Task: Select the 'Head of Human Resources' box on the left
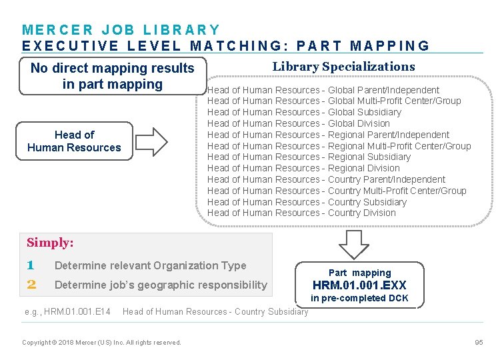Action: coord(74,141)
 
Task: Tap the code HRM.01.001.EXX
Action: coord(359,285)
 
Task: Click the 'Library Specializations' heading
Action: coord(343,67)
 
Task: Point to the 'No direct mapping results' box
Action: coord(112,76)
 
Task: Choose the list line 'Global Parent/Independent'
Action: coord(323,90)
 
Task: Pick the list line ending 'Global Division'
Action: coord(299,123)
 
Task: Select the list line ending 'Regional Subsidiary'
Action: coord(309,157)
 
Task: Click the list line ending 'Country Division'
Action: coord(301,213)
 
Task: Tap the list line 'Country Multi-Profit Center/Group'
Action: coord(337,191)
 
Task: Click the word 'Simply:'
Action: coord(50,243)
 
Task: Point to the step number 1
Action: coord(31,265)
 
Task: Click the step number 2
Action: coord(31,285)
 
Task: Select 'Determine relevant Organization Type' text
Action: coord(150,265)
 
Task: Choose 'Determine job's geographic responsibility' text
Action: coord(161,285)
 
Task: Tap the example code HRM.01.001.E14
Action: coord(67,311)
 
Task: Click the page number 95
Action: coord(479,342)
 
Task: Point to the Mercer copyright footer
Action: coord(101,343)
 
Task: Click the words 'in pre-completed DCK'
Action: coord(359,298)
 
